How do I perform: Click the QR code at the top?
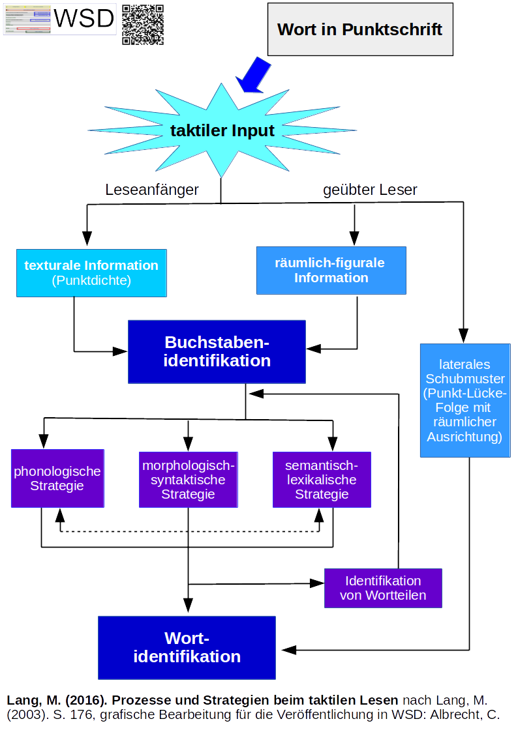point(143,25)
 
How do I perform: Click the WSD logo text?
point(84,19)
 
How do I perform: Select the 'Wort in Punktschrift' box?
point(359,29)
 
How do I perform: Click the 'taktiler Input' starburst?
point(222,130)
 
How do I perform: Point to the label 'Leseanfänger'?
point(152,190)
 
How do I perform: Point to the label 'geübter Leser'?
point(370,190)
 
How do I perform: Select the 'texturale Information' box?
point(91,272)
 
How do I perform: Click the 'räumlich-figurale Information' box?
point(331,270)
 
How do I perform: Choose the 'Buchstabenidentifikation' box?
point(217,351)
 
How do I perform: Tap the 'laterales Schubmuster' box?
point(465,400)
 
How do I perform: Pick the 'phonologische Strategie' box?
point(57,478)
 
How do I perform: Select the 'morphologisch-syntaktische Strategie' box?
point(188,480)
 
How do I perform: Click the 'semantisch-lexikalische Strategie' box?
point(322,480)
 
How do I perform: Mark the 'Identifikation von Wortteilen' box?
point(383,588)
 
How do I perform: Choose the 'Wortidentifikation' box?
point(187,647)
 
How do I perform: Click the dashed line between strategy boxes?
point(189,531)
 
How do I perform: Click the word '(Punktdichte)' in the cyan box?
point(91,281)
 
